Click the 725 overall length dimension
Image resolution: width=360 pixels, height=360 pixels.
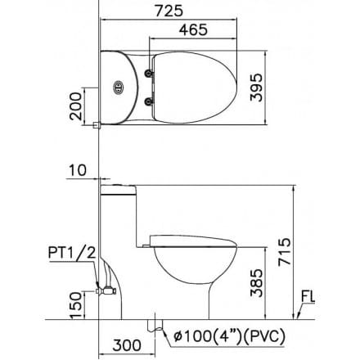tap(169, 11)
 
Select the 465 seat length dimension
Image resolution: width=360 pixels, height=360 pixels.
tap(193, 29)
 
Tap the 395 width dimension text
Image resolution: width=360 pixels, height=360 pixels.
tap(256, 88)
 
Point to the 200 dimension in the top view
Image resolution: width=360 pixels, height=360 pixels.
tap(75, 106)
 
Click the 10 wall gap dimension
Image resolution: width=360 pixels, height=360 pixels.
tap(78, 170)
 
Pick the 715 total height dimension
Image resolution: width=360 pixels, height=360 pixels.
tap(285, 252)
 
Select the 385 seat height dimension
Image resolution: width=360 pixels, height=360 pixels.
tap(257, 283)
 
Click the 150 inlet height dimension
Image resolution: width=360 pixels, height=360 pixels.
tap(76, 305)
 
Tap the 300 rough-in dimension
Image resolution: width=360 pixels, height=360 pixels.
tap(127, 345)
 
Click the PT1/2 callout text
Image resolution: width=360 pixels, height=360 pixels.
tap(72, 253)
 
